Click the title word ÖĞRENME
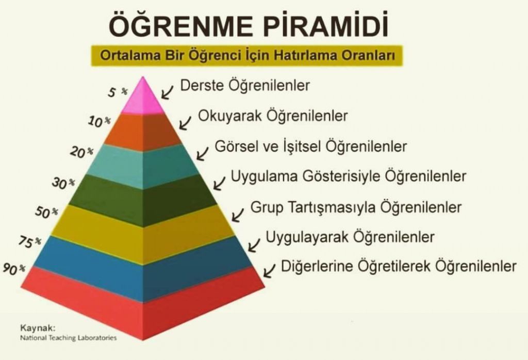180,24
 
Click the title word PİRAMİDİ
326,24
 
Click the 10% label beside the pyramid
100,121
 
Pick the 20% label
81,152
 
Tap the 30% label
63,183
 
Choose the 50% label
46,212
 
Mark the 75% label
29,241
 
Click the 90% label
14,268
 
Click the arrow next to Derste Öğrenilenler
167,92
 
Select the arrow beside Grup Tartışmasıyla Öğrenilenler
238,215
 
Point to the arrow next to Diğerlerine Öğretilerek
269,270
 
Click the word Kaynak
38,328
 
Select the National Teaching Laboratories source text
69,338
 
